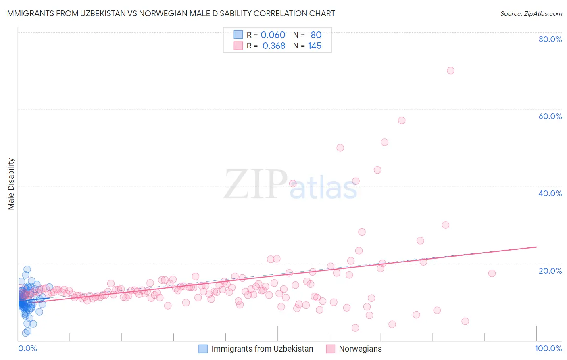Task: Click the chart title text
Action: pos(170,13)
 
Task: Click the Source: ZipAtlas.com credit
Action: pos(531,13)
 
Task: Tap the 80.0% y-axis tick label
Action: pos(550,39)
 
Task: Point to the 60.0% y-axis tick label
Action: pos(550,116)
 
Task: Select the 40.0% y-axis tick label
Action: pos(550,193)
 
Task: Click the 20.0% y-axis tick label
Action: pos(550,271)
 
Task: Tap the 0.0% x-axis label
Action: pos(27,348)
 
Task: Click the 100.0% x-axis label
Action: pos(548,348)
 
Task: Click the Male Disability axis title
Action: pos(11,184)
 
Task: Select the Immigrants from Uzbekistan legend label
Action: pos(262,349)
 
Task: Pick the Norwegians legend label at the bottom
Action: pos(360,349)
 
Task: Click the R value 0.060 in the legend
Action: pos(273,35)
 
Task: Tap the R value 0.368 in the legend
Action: pos(274,46)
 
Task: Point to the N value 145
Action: pos(315,46)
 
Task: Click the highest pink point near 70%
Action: pos(450,71)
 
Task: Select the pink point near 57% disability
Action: pos(401,121)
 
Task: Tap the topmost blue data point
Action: pos(27,269)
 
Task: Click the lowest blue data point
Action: pos(25,333)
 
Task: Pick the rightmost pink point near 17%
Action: pos(492,273)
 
